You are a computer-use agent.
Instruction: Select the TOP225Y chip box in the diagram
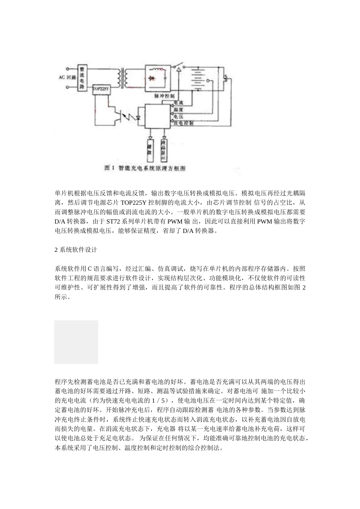coord(100,89)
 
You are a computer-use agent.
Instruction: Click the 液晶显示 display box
coord(164,150)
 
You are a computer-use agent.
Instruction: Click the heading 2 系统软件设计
coord(76,250)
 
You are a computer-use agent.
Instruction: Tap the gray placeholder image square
coord(76,342)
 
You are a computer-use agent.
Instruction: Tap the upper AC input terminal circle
coord(68,69)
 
